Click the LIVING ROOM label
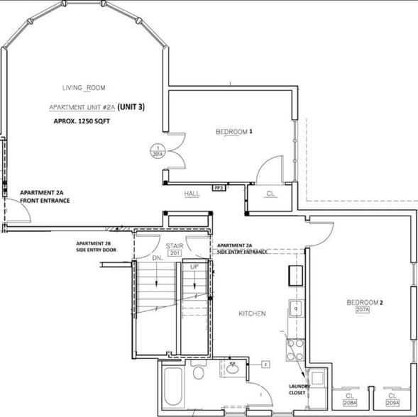[x=84, y=87]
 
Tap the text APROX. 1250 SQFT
[x=83, y=121]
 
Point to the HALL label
[x=192, y=193]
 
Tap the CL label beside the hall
[x=270, y=193]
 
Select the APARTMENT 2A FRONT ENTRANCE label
[x=45, y=196]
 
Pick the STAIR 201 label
[x=175, y=249]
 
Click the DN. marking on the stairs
[x=159, y=259]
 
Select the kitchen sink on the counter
[x=294, y=308]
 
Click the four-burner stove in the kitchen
[x=295, y=349]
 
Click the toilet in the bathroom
[x=199, y=374]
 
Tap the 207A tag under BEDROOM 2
[x=364, y=310]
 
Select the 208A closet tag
[x=350, y=402]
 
